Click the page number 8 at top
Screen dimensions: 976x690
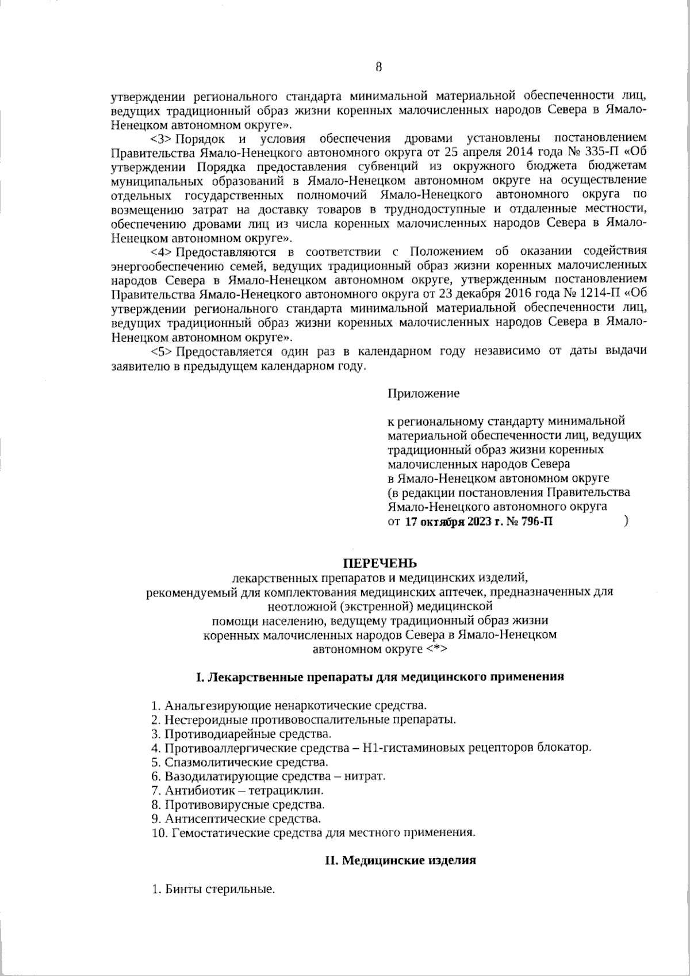[378, 67]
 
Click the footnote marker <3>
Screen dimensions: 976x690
[161, 139]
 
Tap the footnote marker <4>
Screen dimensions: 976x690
[161, 252]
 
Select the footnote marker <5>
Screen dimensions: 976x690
[161, 351]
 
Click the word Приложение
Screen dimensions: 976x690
[423, 394]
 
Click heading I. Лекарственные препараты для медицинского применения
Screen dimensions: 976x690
[379, 676]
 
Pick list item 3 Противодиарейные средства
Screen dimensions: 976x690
[241, 734]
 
